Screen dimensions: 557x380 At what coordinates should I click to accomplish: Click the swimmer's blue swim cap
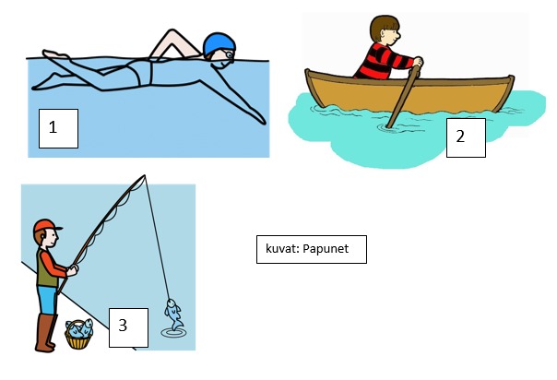tap(219, 43)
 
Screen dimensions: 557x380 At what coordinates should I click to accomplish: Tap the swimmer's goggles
tap(229, 54)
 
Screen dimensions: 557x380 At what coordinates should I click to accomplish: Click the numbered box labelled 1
tap(58, 128)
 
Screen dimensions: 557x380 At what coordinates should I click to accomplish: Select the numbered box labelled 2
tap(466, 137)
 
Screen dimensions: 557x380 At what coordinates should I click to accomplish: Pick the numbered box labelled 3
tap(128, 327)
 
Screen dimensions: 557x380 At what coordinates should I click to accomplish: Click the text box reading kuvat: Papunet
tap(312, 249)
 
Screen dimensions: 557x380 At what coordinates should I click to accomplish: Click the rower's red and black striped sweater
tap(380, 62)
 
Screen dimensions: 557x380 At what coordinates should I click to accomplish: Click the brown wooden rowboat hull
tap(409, 93)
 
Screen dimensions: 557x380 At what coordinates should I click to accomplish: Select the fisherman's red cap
tap(46, 226)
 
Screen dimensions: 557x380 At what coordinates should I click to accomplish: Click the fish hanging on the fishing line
tap(173, 315)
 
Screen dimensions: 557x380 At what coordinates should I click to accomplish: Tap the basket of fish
tap(79, 334)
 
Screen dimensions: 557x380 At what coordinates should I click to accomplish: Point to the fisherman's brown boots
tap(45, 333)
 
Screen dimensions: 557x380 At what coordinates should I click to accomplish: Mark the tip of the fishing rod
tap(144, 175)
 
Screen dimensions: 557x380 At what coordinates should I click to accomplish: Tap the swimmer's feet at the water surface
tap(55, 54)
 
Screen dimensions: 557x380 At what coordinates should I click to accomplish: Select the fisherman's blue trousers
tap(47, 300)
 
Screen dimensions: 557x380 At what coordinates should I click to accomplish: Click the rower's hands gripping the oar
tap(418, 63)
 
